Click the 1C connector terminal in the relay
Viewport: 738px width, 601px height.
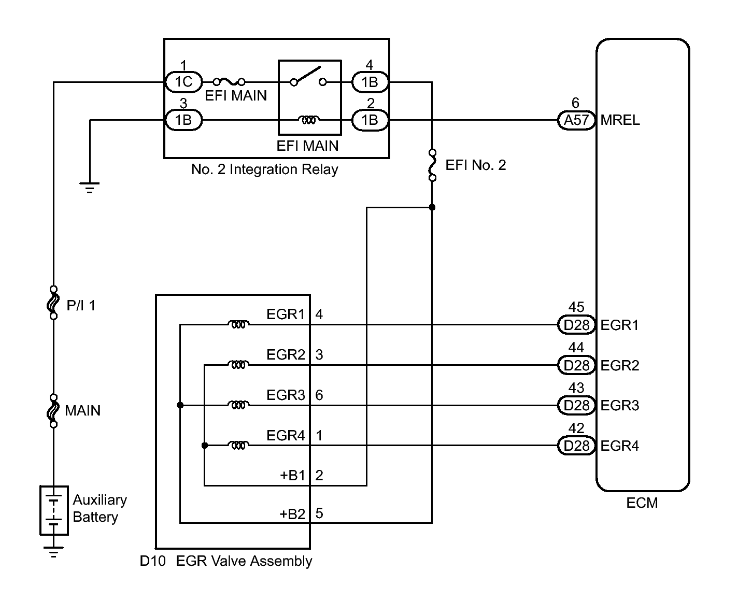click(183, 82)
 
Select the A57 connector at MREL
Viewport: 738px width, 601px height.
click(576, 120)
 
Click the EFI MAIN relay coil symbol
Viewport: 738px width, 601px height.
click(309, 120)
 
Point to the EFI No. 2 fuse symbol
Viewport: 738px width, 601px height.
click(432, 165)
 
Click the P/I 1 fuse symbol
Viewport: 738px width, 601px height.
click(53, 302)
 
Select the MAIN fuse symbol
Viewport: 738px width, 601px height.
click(53, 411)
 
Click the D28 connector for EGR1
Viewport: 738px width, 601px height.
click(576, 325)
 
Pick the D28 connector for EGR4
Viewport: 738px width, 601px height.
click(576, 446)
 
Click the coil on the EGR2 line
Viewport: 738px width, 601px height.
click(238, 365)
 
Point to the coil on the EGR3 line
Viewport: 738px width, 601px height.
click(238, 405)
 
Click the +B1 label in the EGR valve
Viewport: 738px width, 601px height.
click(293, 476)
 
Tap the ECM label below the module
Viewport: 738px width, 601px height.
click(642, 503)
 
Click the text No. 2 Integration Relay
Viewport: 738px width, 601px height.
click(264, 169)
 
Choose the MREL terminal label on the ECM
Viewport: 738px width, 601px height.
click(620, 120)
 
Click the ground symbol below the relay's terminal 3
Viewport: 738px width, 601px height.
click(90, 186)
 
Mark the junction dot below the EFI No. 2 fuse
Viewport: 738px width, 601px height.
click(432, 207)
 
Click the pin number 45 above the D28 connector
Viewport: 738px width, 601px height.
click(576, 308)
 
